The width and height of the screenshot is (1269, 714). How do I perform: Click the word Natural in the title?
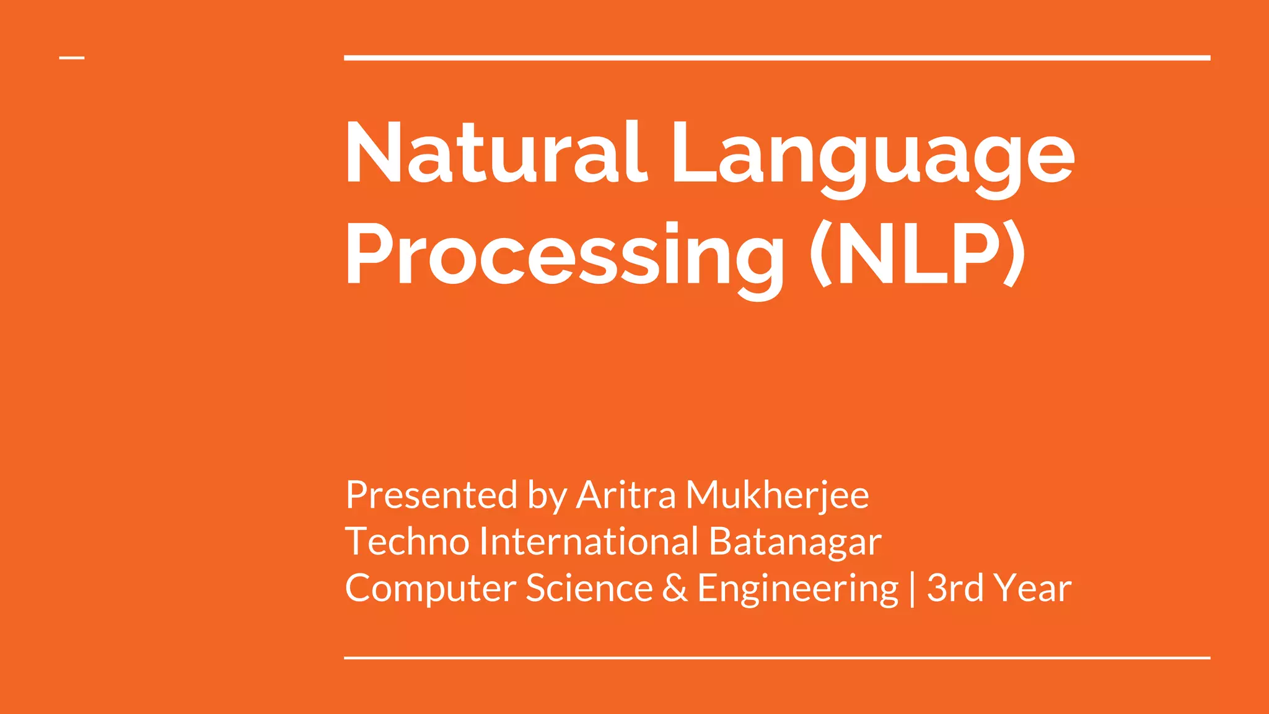(x=496, y=153)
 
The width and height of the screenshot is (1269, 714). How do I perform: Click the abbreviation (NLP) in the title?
(x=917, y=254)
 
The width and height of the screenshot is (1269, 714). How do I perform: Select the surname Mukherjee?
(x=777, y=496)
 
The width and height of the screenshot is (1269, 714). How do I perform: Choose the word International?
(x=589, y=541)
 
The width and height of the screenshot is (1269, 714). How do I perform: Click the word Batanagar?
(x=794, y=541)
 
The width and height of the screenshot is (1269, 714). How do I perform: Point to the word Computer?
(x=430, y=589)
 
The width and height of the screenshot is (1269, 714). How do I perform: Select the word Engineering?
(x=797, y=589)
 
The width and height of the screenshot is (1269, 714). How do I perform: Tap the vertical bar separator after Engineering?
(x=912, y=589)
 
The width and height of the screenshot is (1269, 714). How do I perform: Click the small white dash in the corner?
(x=72, y=58)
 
